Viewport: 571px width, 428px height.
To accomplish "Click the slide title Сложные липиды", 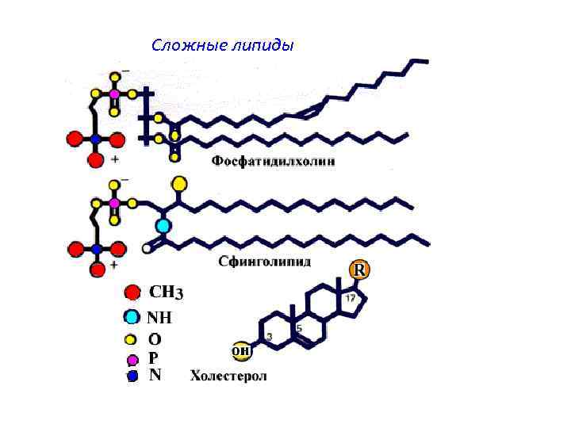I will click(x=222, y=45).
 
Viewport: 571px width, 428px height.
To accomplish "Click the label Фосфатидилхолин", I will click(x=273, y=162).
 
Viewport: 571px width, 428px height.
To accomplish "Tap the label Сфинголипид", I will click(x=265, y=262).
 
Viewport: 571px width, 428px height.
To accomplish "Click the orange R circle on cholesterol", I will click(x=360, y=270).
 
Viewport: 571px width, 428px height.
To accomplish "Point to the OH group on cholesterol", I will click(x=241, y=350).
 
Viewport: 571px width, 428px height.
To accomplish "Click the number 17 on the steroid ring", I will click(x=350, y=298).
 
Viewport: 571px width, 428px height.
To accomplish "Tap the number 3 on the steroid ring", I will click(x=270, y=337).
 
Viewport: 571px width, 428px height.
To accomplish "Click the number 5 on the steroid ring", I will click(x=299, y=327).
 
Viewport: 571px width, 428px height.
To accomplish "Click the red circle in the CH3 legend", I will click(x=133, y=292).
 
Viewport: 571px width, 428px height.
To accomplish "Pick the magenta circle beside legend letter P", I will click(x=133, y=360).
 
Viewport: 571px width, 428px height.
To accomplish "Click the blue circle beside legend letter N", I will click(x=133, y=376).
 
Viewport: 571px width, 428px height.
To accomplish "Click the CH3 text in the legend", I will click(x=167, y=293).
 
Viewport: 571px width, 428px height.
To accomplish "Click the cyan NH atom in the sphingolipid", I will click(x=163, y=226).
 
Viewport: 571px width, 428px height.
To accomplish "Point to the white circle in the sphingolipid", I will click(x=147, y=248).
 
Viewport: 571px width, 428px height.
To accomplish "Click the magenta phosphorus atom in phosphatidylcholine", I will click(x=114, y=94).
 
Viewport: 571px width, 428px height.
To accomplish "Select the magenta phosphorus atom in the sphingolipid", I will click(x=114, y=204).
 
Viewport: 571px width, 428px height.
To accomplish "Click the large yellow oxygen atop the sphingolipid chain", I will click(x=180, y=184).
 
